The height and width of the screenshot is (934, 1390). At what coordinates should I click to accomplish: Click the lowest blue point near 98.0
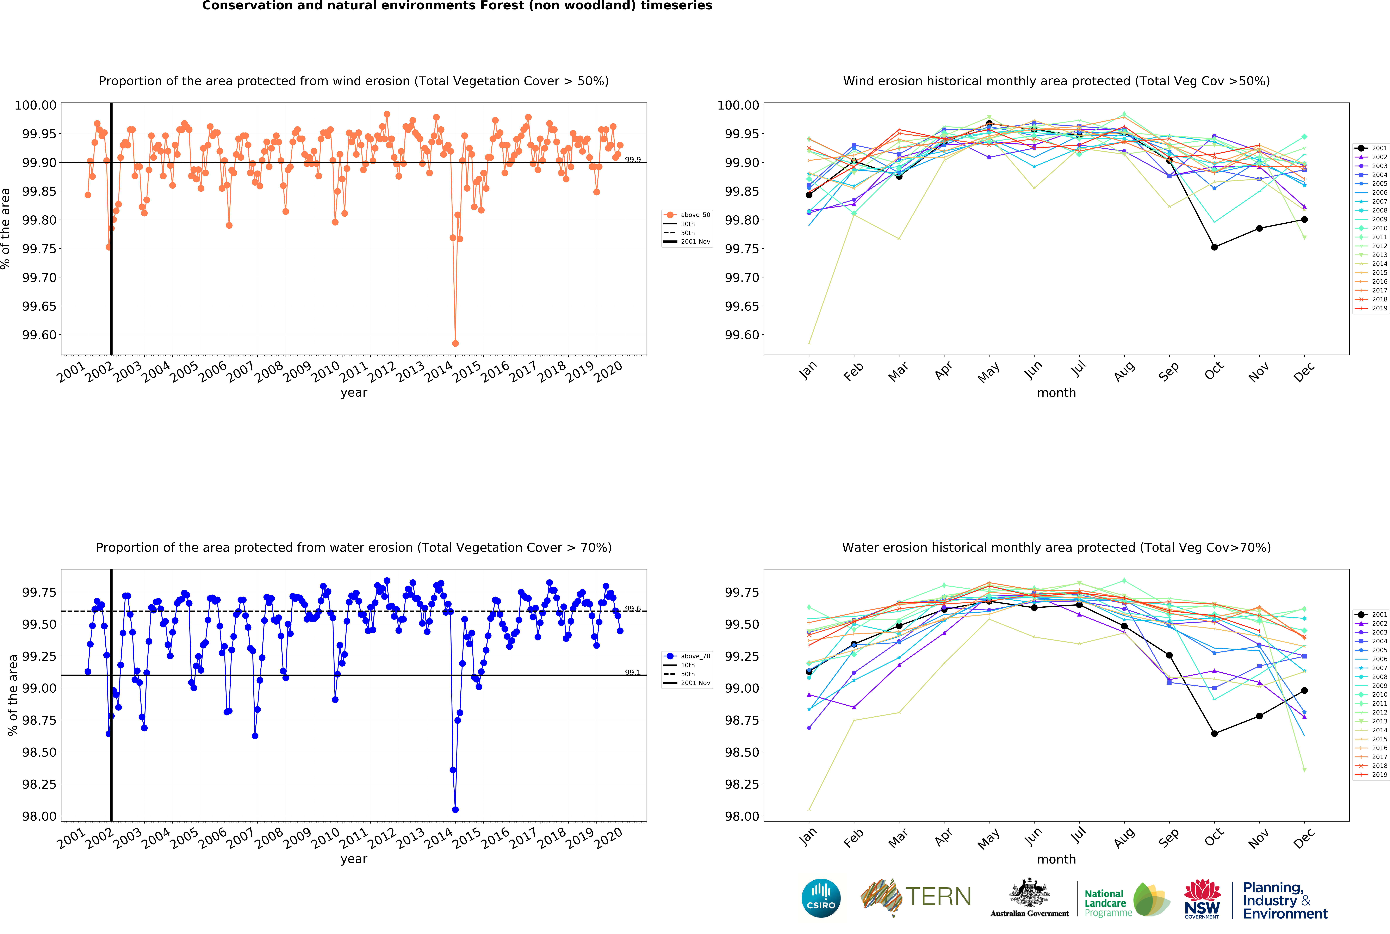click(x=456, y=810)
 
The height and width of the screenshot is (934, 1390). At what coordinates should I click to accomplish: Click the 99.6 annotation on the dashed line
click(x=632, y=609)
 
